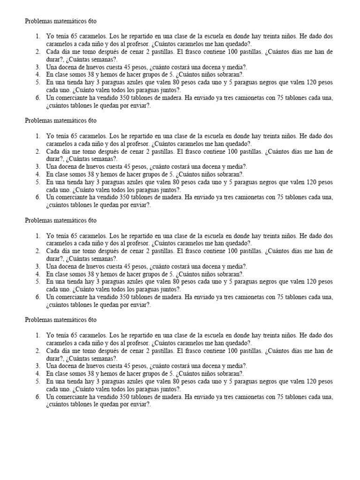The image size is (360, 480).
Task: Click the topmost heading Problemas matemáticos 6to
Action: (x=60, y=22)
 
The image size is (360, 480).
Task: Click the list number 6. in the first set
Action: (x=38, y=98)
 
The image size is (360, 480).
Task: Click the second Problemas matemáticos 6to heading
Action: (x=60, y=120)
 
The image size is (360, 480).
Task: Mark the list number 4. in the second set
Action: (x=38, y=174)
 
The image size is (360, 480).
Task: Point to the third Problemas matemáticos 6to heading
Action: (x=60, y=219)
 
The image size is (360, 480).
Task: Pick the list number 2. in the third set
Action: (x=38, y=251)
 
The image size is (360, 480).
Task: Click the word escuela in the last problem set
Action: (x=213, y=335)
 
